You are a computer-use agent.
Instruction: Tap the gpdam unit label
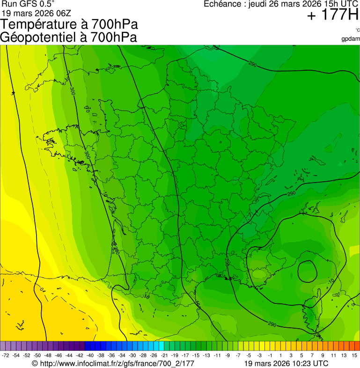point(351,39)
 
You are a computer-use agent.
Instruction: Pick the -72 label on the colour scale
point(6,355)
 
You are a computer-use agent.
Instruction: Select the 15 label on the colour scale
point(355,355)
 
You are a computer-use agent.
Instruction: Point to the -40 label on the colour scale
point(90,355)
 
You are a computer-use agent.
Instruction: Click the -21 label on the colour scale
point(164,355)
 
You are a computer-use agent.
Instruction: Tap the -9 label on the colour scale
point(228,355)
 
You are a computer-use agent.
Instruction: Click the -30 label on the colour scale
point(132,355)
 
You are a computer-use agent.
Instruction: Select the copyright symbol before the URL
point(35,363)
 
